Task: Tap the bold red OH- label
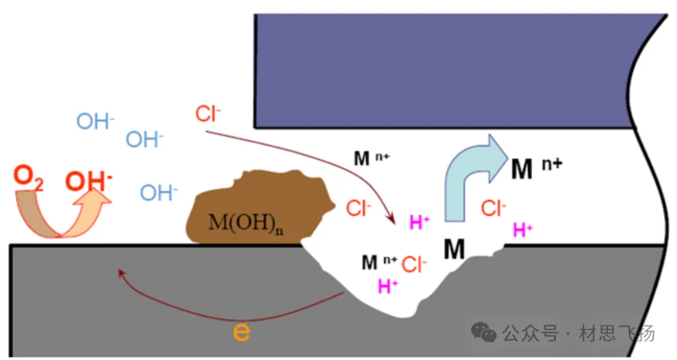(x=89, y=181)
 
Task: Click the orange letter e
(x=241, y=332)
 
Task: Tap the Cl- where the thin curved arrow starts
(x=208, y=115)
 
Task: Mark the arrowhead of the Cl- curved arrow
(x=393, y=220)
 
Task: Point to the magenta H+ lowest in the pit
(x=388, y=287)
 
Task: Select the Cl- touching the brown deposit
(x=359, y=208)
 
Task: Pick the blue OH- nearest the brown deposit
(x=159, y=193)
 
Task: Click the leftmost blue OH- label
(x=95, y=122)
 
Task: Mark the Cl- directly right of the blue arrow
(x=494, y=208)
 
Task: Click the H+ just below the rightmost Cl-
(x=522, y=230)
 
